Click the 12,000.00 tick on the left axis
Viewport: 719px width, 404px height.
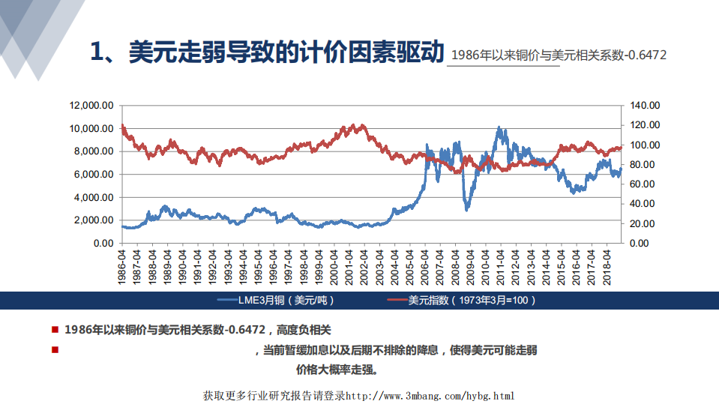click(91, 106)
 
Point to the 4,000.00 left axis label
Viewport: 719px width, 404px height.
click(94, 197)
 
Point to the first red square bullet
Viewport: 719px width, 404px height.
click(55, 329)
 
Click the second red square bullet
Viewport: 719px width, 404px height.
click(55, 349)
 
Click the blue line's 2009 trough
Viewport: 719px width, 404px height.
click(467, 209)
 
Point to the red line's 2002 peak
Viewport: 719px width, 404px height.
click(362, 125)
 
